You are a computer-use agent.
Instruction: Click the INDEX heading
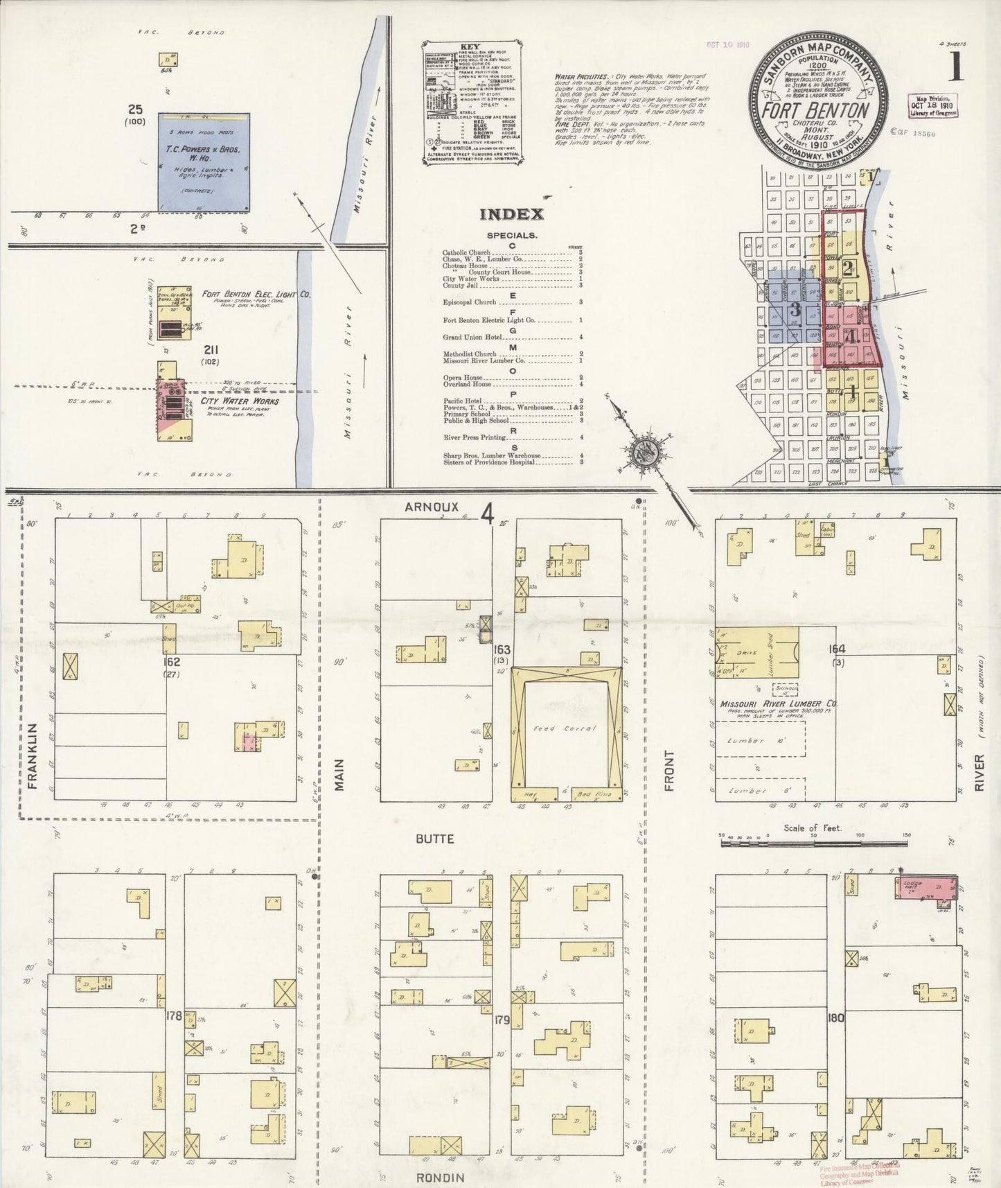[512, 215]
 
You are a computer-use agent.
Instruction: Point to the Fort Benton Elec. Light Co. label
[256, 295]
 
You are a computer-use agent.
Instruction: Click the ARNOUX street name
[432, 507]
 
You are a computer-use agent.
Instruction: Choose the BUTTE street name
[435, 839]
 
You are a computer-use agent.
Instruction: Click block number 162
[172, 662]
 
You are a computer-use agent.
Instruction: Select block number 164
[838, 649]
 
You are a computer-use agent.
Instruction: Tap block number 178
[174, 1016]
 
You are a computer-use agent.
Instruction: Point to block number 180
[836, 1018]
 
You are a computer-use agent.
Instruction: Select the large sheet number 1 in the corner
[956, 67]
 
